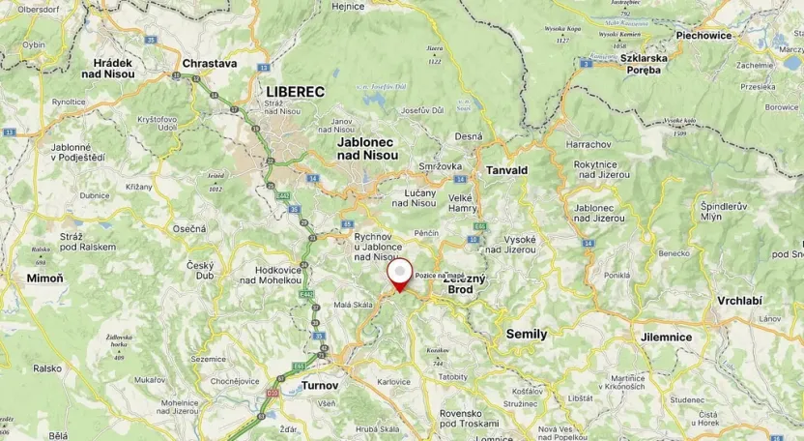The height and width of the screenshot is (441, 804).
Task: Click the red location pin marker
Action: point(399,275)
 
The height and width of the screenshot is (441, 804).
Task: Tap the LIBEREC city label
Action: point(295,91)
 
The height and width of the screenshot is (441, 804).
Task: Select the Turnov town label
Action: point(319,385)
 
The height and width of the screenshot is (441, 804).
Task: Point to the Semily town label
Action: point(527,334)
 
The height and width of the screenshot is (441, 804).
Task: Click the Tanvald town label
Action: point(506,170)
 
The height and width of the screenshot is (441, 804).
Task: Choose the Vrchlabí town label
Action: point(739,301)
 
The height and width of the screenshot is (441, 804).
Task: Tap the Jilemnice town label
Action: point(666,337)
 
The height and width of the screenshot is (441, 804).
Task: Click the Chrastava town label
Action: point(209,64)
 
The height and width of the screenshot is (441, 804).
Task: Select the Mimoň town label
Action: point(44,278)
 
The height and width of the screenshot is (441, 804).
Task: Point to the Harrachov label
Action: point(589,144)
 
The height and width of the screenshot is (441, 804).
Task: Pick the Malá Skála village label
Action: point(353,305)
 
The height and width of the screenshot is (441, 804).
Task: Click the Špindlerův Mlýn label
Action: point(724,212)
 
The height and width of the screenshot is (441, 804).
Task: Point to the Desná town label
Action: point(468,136)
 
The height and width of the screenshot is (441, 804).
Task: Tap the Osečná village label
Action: point(189,228)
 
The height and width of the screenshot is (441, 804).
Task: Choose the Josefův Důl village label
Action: point(421,110)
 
